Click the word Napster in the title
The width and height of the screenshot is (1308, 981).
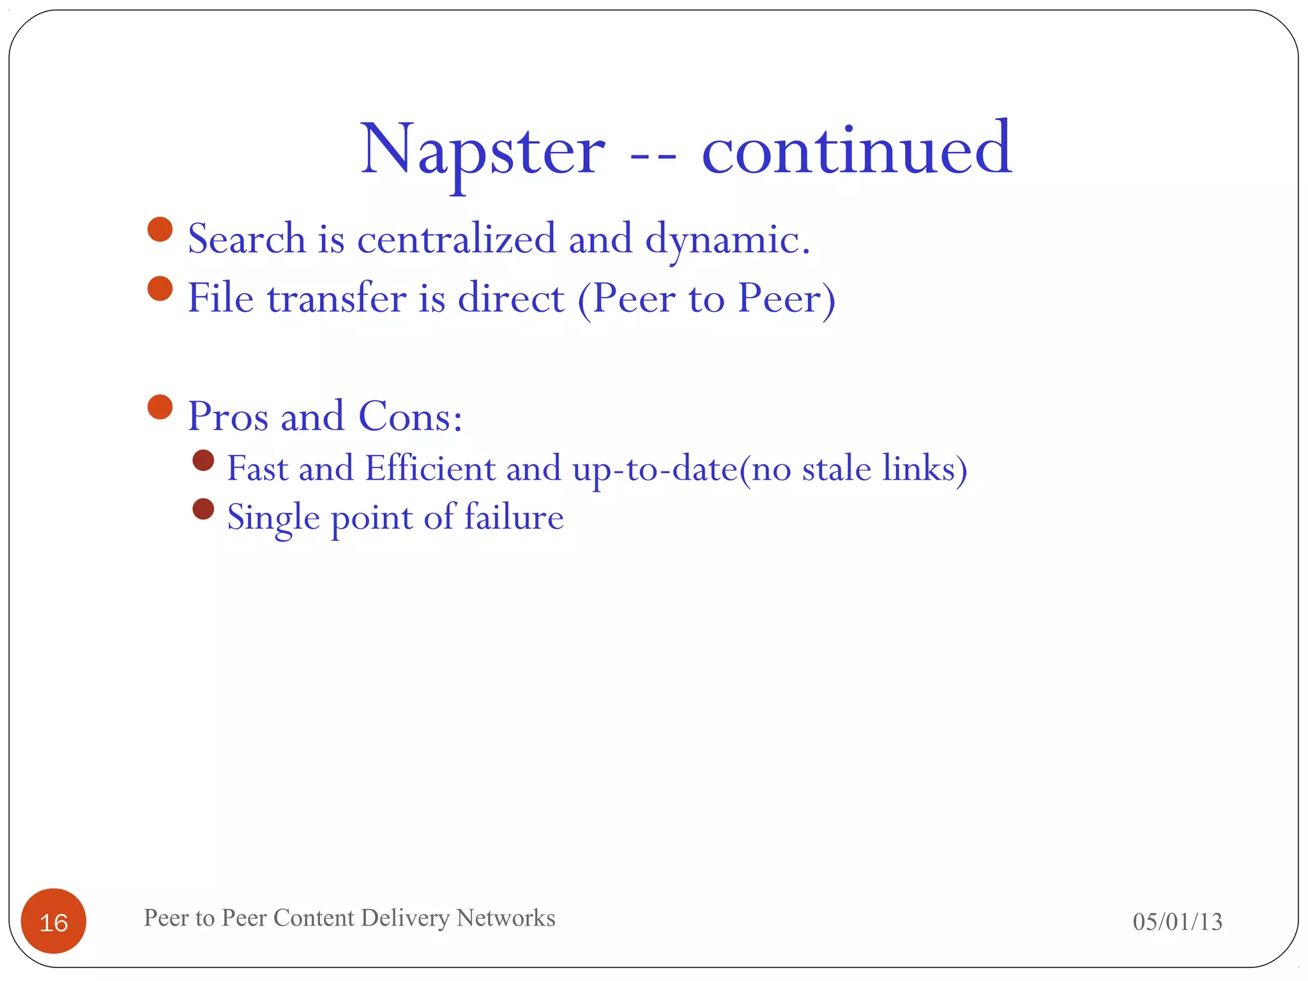pyautogui.click(x=482, y=151)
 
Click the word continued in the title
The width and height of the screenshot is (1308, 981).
pyautogui.click(x=856, y=151)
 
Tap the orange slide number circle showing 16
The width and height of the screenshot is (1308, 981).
pyautogui.click(x=54, y=921)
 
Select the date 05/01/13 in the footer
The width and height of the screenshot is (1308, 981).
pyautogui.click(x=1177, y=922)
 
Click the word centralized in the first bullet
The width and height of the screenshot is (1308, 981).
pyautogui.click(x=456, y=239)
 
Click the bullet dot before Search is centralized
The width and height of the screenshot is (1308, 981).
pyautogui.click(x=160, y=229)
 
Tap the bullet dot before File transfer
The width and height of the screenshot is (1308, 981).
pyautogui.click(x=160, y=289)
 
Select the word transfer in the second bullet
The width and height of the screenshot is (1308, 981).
pyautogui.click(x=337, y=298)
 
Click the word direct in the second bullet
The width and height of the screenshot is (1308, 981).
pyautogui.click(x=511, y=298)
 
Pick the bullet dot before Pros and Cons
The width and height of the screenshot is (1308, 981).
pyautogui.click(x=160, y=407)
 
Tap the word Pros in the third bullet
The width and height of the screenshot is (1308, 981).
pyautogui.click(x=228, y=416)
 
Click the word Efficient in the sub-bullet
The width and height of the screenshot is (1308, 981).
pyautogui.click(x=430, y=468)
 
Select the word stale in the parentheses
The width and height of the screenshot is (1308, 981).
pyautogui.click(x=836, y=468)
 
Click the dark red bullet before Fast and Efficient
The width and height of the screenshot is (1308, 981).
pyautogui.click(x=203, y=460)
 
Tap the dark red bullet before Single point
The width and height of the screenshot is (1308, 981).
pyautogui.click(x=203, y=509)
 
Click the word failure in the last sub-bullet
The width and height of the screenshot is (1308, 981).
pyautogui.click(x=513, y=517)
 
